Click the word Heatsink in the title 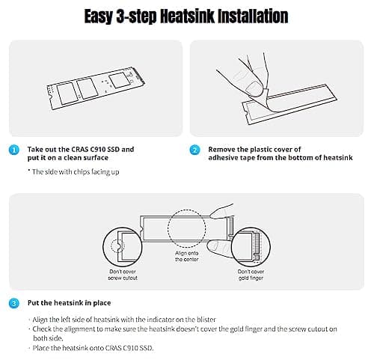(187, 16)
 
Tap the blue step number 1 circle (14, 150)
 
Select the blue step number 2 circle (194, 150)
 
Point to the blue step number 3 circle (14, 303)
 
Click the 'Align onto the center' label (187, 256)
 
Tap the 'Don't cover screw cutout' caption (123, 275)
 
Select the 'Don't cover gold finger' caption (251, 275)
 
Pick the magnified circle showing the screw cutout (102, 246)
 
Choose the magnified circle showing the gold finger (231, 246)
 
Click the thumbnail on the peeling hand (254, 88)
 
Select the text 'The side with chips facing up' (76, 172)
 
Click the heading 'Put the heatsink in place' (69, 303)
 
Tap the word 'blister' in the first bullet (206, 320)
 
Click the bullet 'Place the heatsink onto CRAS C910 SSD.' (93, 348)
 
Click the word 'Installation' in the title (253, 16)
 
